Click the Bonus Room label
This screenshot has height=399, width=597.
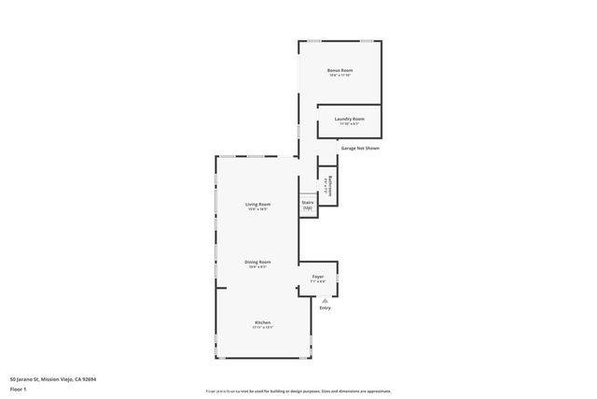click(x=340, y=70)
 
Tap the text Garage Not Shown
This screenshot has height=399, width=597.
click(x=359, y=148)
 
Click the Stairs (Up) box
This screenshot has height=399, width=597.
click(x=307, y=205)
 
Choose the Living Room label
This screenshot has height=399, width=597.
click(x=257, y=204)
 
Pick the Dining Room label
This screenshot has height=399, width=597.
click(x=257, y=262)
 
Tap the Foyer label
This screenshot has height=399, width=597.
click(x=317, y=277)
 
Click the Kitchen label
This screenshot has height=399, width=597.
click(x=263, y=322)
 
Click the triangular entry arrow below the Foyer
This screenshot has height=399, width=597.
click(x=325, y=299)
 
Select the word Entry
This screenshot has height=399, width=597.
click(x=325, y=307)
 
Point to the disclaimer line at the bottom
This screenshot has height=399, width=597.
click(x=298, y=392)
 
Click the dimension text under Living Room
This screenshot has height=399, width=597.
click(x=257, y=209)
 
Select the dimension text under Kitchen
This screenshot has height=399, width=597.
click(x=263, y=328)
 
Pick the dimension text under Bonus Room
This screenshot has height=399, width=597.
click(x=340, y=76)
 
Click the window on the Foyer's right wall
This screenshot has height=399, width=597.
click(x=338, y=278)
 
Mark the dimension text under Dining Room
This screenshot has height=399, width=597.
click(x=257, y=267)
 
